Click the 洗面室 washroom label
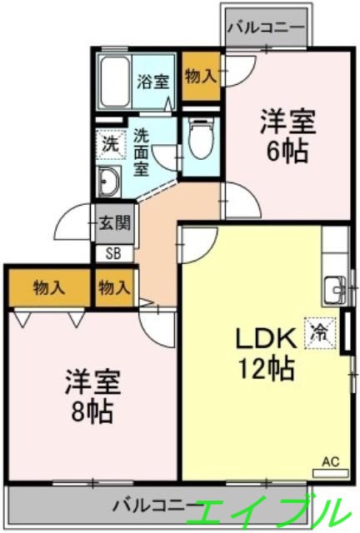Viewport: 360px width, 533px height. pyautogui.click(x=142, y=150)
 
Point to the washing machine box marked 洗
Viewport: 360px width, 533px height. pyautogui.click(x=109, y=143)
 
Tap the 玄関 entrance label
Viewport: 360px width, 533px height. pyautogui.click(x=115, y=222)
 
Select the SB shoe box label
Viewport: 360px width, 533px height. pyautogui.click(x=112, y=252)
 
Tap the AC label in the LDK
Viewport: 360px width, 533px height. pyautogui.click(x=329, y=459)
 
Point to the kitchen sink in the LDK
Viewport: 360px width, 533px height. pyautogui.click(x=335, y=290)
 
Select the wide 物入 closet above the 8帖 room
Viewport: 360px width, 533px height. pyautogui.click(x=49, y=288)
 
